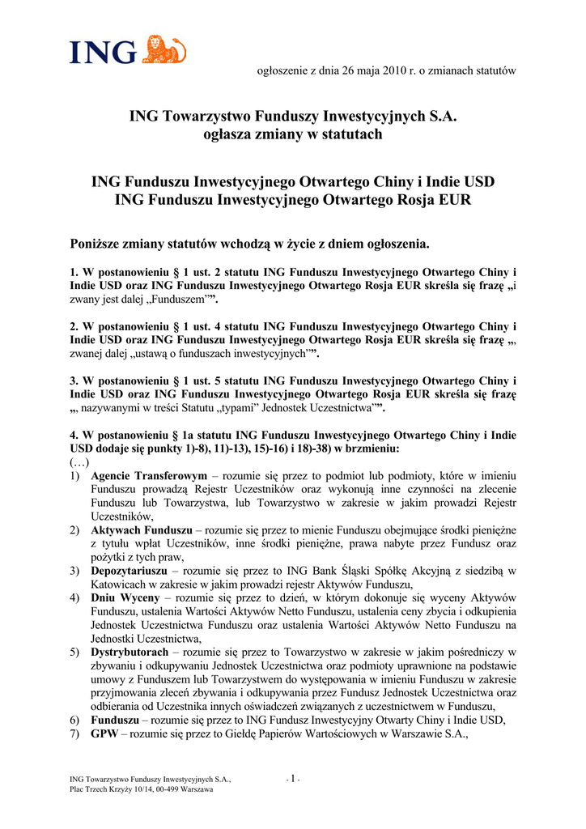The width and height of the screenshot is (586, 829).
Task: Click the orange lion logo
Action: pyautogui.click(x=164, y=49)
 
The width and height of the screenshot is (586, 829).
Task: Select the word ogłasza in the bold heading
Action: pyautogui.click(x=236, y=134)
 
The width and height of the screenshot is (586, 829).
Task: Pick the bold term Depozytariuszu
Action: pyautogui.click(x=130, y=570)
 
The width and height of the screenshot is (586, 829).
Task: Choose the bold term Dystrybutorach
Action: pyautogui.click(x=130, y=652)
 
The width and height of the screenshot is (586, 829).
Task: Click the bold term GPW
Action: pyautogui.click(x=104, y=733)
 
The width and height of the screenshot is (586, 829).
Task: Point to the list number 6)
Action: pyautogui.click(x=74, y=720)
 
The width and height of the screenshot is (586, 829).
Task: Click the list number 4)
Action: pyautogui.click(x=74, y=597)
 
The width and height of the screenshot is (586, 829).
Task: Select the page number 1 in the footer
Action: pyautogui.click(x=293, y=779)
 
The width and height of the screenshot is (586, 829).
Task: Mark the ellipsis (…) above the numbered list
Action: pyautogui.click(x=79, y=461)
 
